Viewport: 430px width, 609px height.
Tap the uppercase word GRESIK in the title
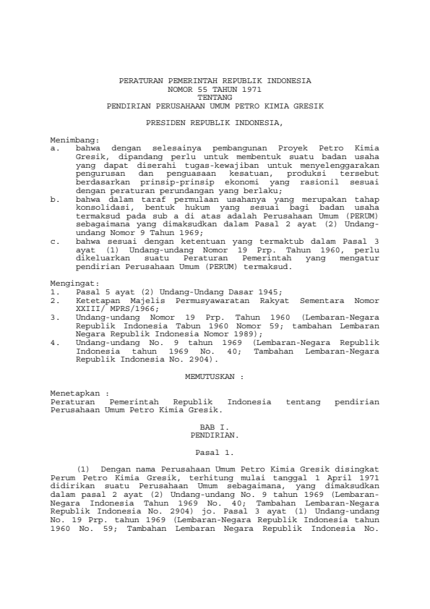click(x=309, y=106)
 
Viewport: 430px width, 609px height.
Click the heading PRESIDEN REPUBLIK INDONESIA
click(x=215, y=124)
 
